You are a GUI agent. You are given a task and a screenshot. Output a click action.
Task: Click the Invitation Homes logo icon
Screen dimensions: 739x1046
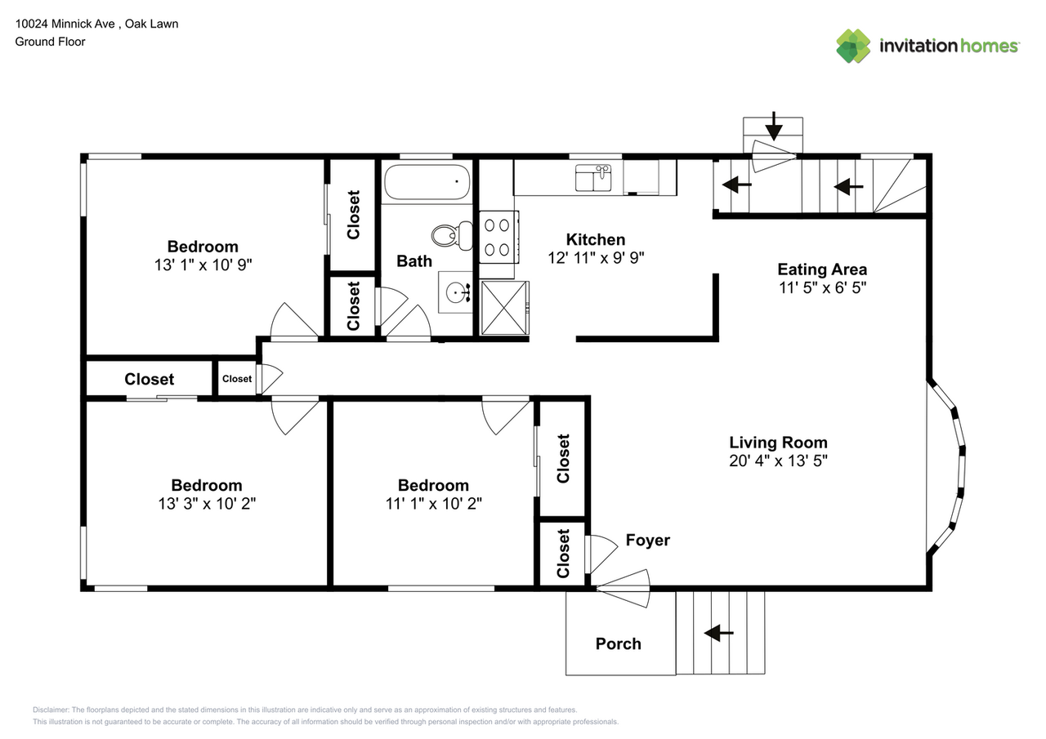(x=853, y=46)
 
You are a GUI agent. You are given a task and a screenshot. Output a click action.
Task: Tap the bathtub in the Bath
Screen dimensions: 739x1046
(x=427, y=182)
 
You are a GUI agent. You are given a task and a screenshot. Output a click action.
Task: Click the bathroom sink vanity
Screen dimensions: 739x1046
(x=455, y=292)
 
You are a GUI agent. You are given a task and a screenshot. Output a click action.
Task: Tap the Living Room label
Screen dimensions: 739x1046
(x=778, y=443)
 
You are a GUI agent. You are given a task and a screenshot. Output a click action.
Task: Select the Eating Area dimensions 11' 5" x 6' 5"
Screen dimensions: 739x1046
(x=821, y=287)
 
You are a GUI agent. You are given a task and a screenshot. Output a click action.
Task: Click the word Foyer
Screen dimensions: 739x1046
(x=647, y=540)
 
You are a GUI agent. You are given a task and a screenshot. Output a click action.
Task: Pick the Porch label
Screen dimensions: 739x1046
(x=618, y=643)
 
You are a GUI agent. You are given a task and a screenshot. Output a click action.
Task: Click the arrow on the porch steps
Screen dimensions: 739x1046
(x=719, y=633)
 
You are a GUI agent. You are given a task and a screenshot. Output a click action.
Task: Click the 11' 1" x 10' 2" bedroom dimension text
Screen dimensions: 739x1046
(x=433, y=503)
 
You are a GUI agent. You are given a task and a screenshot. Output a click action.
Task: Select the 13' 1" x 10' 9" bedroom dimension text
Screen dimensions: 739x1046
(x=203, y=265)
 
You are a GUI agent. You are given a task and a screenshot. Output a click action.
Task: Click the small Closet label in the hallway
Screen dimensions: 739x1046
(x=237, y=379)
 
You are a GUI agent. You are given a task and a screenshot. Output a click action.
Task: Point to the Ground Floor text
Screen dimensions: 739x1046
(x=50, y=41)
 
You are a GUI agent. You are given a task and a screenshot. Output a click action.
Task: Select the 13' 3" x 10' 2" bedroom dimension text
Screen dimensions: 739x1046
(x=207, y=503)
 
